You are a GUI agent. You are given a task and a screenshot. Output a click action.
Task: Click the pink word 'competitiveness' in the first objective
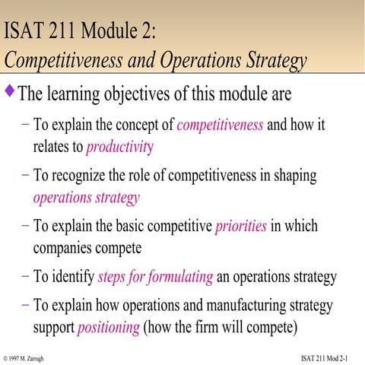219,125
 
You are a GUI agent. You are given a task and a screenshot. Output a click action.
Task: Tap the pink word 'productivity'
119,146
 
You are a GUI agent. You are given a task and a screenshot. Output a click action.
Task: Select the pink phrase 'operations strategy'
86,198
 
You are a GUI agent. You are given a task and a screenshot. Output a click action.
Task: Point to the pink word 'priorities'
241,227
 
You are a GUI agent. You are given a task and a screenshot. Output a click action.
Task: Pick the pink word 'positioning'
109,328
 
